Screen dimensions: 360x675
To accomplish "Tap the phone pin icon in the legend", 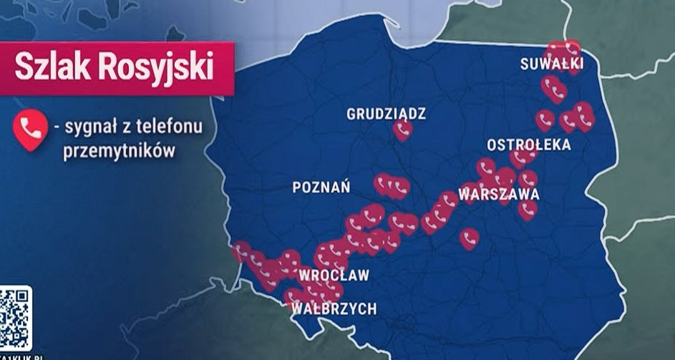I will tap(29, 129).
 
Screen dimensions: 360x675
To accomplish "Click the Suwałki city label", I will tap(551, 65).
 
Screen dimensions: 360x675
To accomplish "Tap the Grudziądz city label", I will tap(386, 114).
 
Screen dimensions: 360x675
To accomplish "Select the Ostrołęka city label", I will tap(528, 145).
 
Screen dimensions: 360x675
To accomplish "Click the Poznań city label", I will tap(321, 188).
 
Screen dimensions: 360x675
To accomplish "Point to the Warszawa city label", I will tap(498, 194).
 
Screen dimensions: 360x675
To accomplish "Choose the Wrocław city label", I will tap(333, 275).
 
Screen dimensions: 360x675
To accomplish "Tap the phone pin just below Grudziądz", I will tap(402, 130).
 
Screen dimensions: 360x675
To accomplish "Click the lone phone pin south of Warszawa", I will tap(468, 238).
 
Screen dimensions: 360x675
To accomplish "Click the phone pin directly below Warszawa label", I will tap(528, 208).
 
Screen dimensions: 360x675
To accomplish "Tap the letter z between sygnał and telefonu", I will tap(127, 129).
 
